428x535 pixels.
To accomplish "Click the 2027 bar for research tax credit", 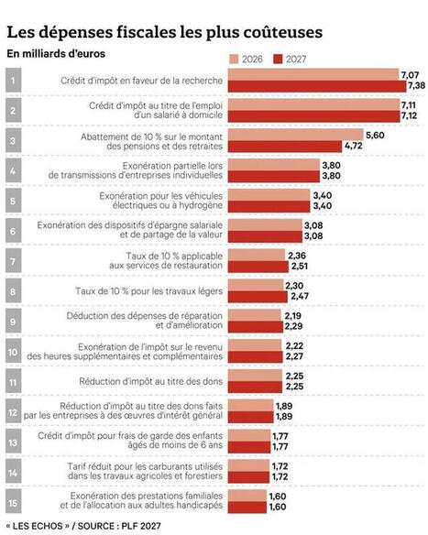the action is pyautogui.click(x=317, y=86).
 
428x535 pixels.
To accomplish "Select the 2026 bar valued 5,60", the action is pyautogui.click(x=296, y=135).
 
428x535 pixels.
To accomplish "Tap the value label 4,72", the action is pyautogui.click(x=353, y=146).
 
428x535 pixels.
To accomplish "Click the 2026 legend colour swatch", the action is pyautogui.click(x=234, y=60).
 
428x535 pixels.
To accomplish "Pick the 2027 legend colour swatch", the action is pyautogui.click(x=279, y=60).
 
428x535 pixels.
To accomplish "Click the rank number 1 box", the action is pyautogui.click(x=14, y=81).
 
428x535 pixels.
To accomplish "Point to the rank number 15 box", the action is pyautogui.click(x=14, y=502).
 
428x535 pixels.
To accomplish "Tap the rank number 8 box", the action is pyautogui.click(x=14, y=291).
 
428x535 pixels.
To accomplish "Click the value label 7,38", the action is pyautogui.click(x=416, y=85).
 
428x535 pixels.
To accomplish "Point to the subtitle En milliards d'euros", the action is pyautogui.click(x=56, y=54).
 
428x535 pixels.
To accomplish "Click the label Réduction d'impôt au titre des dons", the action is pyautogui.click(x=151, y=381).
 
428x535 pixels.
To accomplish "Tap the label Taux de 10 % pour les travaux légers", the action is pyautogui.click(x=148, y=291).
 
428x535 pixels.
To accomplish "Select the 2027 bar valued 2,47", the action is pyautogui.click(x=258, y=297).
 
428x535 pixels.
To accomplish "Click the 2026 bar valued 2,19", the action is pyautogui.click(x=254, y=315).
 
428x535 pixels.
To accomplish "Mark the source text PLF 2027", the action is pyautogui.click(x=141, y=526).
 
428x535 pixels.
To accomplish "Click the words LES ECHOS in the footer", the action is pyautogui.click(x=38, y=526).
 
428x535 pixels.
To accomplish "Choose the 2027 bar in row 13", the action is pyautogui.click(x=249, y=447).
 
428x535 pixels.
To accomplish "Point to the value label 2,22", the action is pyautogui.click(x=294, y=346).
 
